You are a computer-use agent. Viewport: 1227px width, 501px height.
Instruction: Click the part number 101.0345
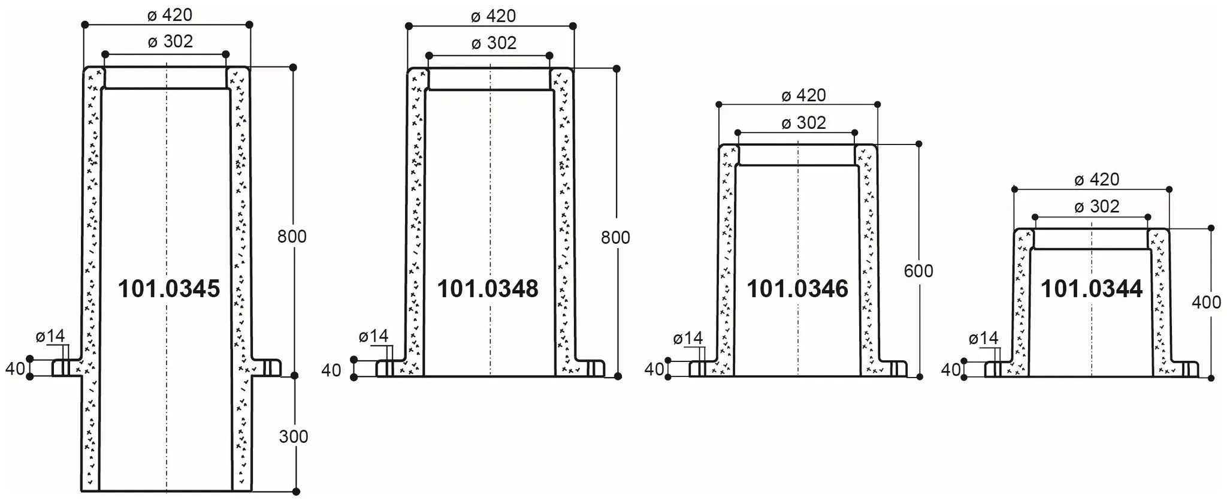click(169, 289)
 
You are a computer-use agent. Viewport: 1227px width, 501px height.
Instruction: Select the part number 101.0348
click(488, 289)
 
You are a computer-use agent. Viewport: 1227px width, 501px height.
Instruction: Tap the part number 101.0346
click(797, 289)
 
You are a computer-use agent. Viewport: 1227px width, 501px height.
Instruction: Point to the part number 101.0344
click(1092, 289)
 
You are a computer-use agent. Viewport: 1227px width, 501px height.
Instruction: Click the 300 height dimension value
click(294, 436)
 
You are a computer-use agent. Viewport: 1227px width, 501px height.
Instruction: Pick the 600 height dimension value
click(918, 271)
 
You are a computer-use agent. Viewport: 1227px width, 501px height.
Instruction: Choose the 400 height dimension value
click(1206, 303)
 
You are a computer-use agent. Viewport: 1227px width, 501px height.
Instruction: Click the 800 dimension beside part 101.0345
click(292, 237)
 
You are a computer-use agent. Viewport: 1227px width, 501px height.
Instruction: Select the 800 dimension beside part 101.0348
click(615, 238)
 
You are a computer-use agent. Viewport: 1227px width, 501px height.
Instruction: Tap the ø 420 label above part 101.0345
click(170, 15)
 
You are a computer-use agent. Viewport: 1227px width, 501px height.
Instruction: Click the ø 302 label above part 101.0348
click(494, 43)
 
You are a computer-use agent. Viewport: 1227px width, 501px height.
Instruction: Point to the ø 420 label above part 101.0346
click(803, 95)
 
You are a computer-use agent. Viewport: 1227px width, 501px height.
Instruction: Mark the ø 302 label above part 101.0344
click(1097, 207)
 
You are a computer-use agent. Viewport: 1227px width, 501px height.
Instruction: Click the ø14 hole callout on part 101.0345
click(50, 336)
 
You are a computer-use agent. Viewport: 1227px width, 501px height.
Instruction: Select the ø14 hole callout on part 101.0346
click(688, 339)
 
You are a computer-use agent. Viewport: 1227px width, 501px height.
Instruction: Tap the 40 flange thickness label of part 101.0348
click(331, 370)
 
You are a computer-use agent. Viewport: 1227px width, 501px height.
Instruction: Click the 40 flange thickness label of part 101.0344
click(951, 370)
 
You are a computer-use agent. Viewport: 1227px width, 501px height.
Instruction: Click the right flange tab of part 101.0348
click(594, 368)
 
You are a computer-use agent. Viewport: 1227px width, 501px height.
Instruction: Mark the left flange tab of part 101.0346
click(699, 369)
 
